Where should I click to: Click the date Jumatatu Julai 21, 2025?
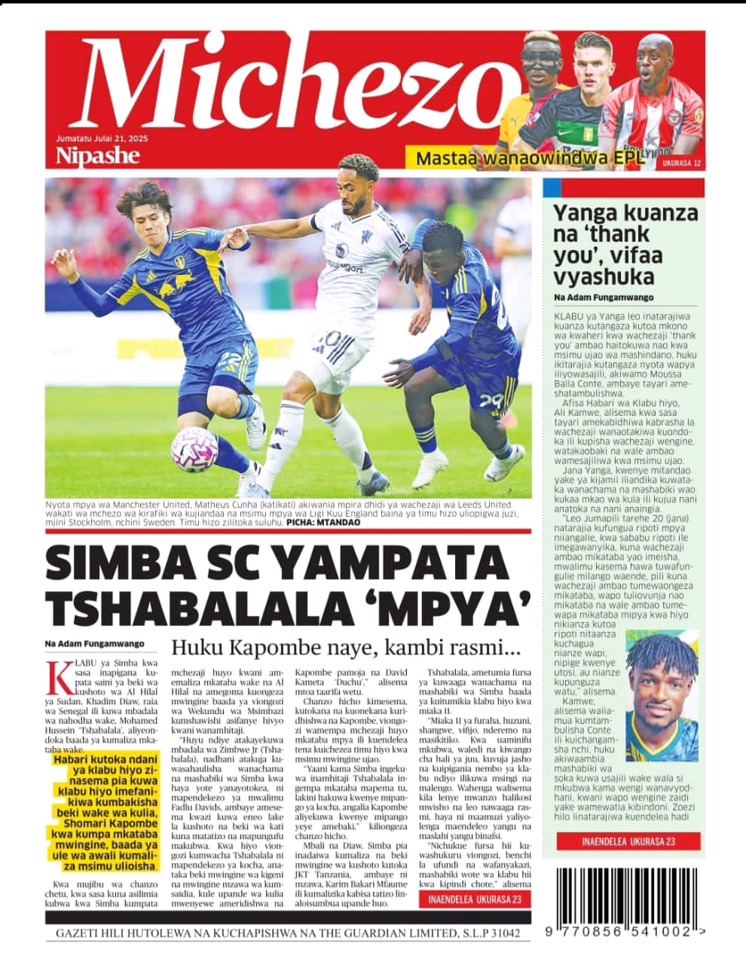point(97,139)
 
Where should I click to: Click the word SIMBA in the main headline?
point(131,564)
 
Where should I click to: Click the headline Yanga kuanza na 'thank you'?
point(625,244)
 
